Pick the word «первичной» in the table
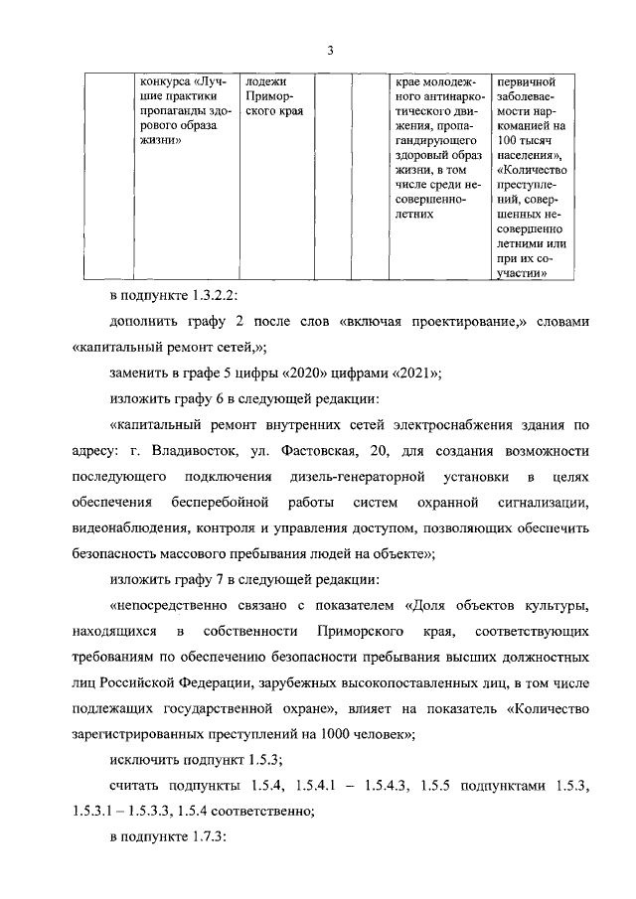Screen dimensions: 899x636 [526, 81]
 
